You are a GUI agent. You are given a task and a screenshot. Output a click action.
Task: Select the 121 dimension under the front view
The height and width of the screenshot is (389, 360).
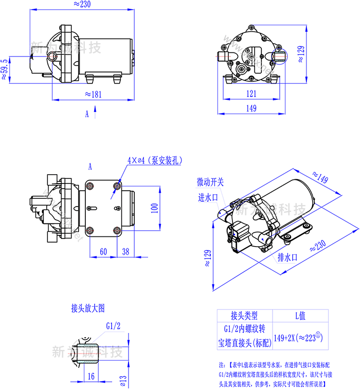[251, 94]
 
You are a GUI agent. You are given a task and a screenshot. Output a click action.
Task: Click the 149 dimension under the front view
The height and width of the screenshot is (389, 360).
[251, 108]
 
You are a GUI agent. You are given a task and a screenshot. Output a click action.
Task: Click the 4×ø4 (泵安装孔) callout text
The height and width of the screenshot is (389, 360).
[155, 160]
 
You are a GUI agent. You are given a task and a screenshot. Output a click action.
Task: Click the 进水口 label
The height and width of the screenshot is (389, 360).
[208, 197]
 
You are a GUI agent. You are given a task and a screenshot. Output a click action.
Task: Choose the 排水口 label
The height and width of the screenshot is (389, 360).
[287, 257]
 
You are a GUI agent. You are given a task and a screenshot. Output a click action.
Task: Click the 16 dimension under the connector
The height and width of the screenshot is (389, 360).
[91, 376]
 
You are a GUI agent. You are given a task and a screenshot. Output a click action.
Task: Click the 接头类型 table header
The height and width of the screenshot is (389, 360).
[244, 316]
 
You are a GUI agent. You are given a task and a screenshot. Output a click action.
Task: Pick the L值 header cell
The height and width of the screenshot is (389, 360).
[300, 316]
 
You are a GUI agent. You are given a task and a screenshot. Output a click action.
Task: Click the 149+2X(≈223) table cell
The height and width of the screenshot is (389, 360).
[300, 337]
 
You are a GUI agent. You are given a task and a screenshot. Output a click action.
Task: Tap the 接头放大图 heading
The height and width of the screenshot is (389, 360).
[87, 308]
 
